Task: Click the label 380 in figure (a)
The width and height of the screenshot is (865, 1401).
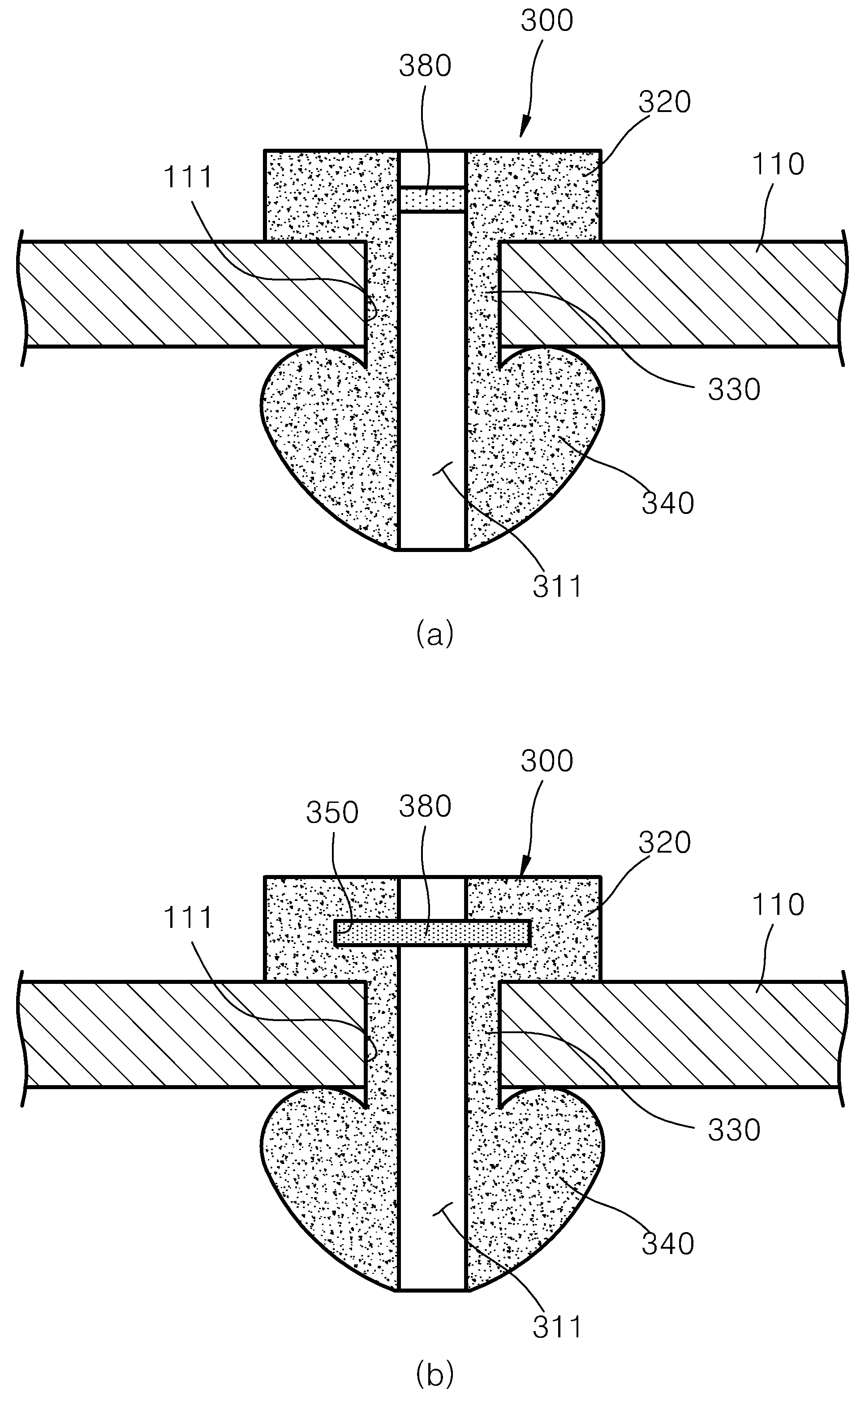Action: click(x=425, y=66)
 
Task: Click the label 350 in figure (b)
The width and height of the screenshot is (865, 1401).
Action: click(x=332, y=812)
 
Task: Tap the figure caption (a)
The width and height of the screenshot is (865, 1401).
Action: click(x=435, y=634)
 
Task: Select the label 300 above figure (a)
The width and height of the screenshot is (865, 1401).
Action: click(x=547, y=21)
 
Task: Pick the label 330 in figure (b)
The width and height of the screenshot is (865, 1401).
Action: click(x=734, y=1130)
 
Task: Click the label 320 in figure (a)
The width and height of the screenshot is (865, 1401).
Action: click(x=664, y=103)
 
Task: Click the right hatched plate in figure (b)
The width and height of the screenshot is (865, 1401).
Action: click(x=669, y=1034)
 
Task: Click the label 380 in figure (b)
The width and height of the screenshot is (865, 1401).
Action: click(x=425, y=806)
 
